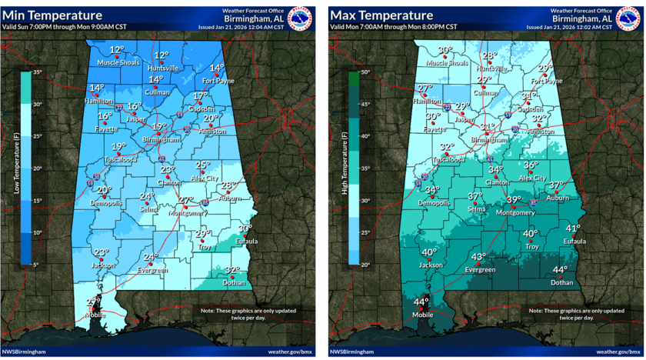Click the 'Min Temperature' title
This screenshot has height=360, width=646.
53,15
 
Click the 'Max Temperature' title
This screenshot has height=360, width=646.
381,15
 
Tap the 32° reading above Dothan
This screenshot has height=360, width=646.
232,270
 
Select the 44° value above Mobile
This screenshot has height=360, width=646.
421,302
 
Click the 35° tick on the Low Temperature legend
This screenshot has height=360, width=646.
37,72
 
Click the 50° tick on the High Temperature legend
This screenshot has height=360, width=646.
365,72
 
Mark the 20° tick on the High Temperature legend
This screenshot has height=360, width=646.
365,264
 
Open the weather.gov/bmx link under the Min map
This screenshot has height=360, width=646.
291,352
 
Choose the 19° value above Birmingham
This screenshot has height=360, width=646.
158,127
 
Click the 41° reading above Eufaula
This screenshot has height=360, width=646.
573,228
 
